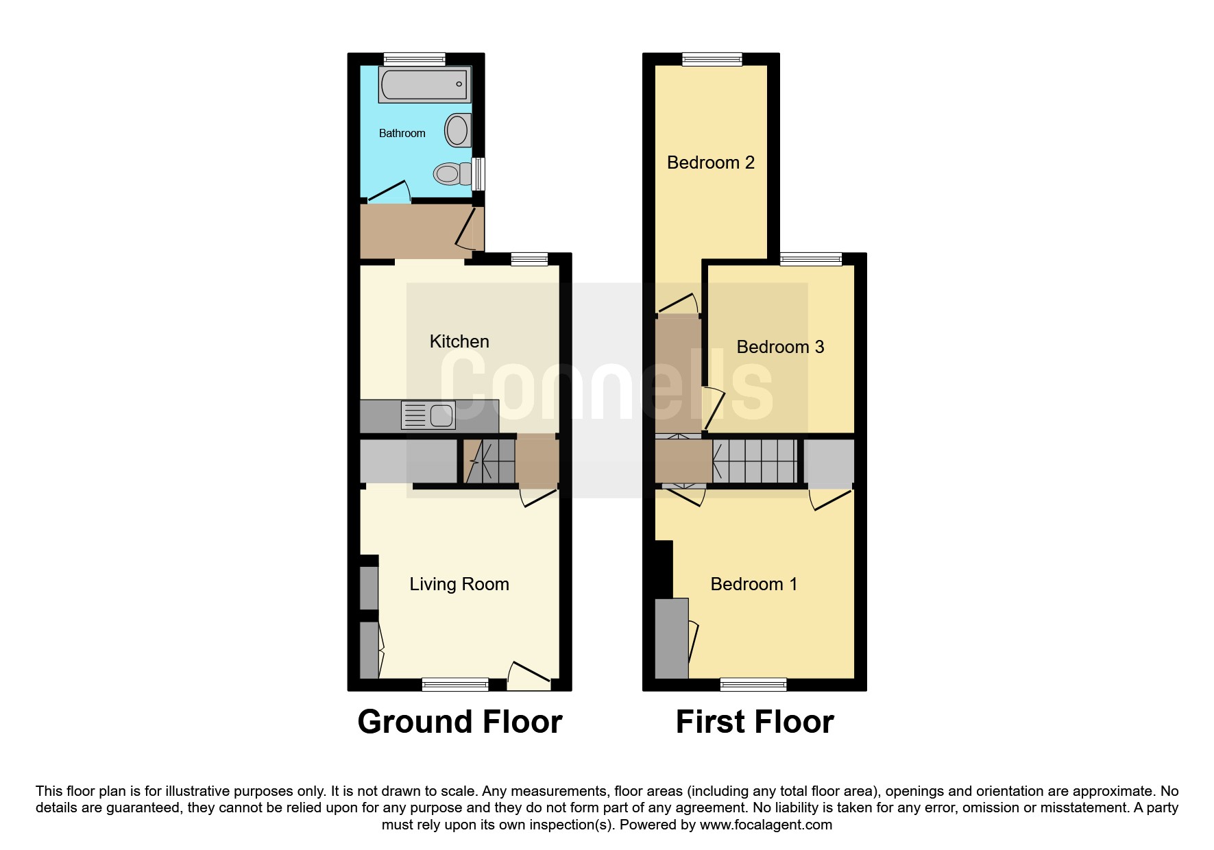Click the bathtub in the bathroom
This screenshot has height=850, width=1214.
coord(424,84)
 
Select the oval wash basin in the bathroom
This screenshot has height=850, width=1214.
coord(458,130)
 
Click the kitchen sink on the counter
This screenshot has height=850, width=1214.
coord(428,415)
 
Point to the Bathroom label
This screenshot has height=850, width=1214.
coord(402,133)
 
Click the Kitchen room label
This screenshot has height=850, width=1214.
coord(459,341)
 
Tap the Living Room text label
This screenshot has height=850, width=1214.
coord(459,584)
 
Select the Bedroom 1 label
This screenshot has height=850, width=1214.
coord(754,584)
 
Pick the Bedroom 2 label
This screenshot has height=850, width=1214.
coord(711,162)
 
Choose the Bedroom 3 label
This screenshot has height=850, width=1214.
coord(780,347)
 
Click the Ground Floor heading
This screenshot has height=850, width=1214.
coord(460,722)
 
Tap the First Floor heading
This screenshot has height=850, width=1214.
coord(755,722)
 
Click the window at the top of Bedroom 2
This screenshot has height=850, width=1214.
coord(712,60)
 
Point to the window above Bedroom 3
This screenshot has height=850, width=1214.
coord(811,259)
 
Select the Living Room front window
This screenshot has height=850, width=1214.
coord(455,684)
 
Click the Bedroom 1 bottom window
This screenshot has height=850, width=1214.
coord(753,684)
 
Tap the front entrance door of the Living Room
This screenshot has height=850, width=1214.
coord(529,676)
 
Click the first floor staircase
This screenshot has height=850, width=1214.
coord(755,461)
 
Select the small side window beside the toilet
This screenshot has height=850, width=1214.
coord(479,174)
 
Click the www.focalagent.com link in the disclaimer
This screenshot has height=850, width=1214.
coord(766,825)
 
